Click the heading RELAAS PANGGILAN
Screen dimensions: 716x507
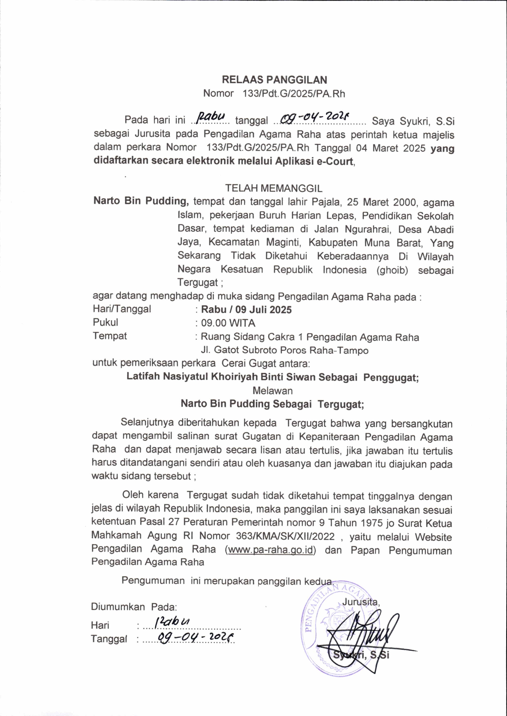coord(274,80)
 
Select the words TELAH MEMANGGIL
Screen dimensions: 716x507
coord(274,188)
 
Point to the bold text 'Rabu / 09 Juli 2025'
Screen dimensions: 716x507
coord(246,310)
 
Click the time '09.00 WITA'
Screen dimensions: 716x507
coord(228,323)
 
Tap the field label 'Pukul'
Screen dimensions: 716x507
coord(105,322)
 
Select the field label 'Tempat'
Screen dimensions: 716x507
coord(109,336)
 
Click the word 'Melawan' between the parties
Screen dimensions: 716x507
coord(272,390)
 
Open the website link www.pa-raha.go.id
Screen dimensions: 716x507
coord(270,550)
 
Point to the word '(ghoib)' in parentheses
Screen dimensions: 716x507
coord(392,270)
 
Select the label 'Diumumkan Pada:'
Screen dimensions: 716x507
coord(133,607)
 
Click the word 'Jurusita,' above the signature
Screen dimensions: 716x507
coord(361,601)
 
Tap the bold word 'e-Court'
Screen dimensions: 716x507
coord(335,161)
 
